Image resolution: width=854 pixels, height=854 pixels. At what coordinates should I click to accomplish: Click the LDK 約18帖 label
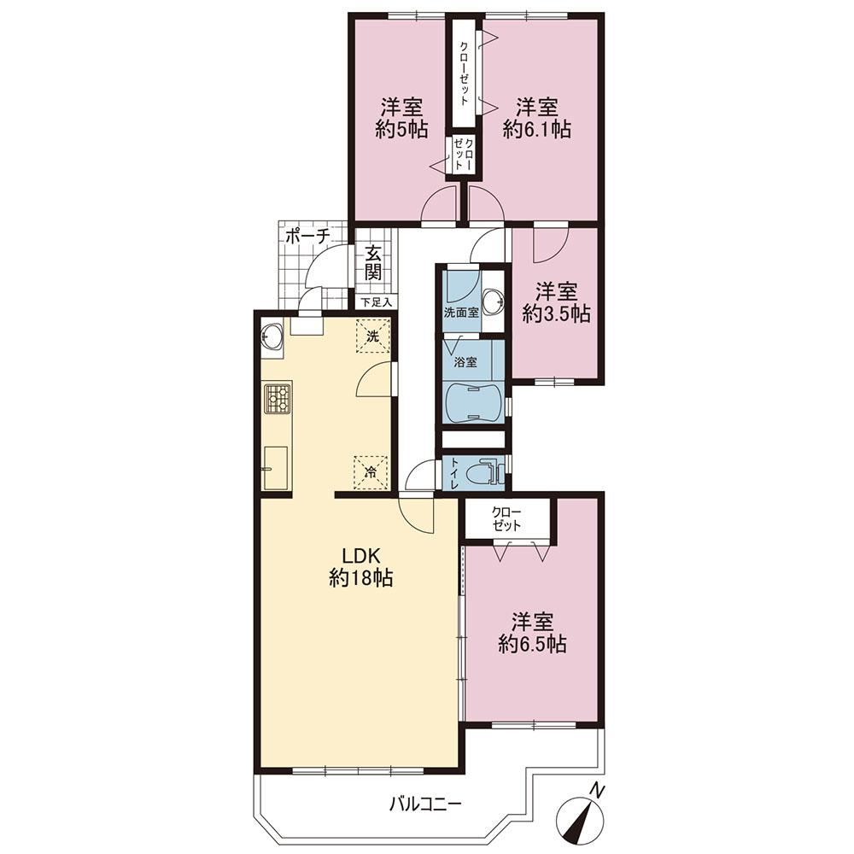(x=360, y=566)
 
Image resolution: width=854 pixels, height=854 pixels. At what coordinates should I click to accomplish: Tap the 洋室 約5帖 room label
(x=402, y=118)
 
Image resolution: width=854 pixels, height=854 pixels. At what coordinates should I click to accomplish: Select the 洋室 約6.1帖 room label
(x=537, y=118)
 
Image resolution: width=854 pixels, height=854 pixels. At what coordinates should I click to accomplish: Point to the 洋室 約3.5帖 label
(x=556, y=302)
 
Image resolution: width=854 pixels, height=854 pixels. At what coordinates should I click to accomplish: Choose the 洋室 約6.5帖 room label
(x=532, y=633)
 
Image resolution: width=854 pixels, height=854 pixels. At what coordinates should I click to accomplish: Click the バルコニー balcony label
(x=425, y=804)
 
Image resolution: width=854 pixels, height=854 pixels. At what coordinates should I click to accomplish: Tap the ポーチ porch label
(x=307, y=237)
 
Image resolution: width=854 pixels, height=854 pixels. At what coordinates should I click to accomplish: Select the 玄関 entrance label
(x=373, y=262)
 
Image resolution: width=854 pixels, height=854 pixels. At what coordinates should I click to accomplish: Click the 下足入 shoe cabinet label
(x=377, y=302)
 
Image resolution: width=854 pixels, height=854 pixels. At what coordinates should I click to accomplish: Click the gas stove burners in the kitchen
(x=278, y=399)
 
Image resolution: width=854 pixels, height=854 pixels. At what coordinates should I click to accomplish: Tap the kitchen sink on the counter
(x=275, y=468)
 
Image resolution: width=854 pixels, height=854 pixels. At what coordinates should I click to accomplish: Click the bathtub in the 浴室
(x=471, y=402)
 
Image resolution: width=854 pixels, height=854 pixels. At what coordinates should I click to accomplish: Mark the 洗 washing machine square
(x=373, y=336)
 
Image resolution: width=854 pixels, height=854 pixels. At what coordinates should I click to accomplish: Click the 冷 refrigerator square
(x=371, y=472)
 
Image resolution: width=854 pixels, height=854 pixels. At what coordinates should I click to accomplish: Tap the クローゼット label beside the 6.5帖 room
(x=506, y=518)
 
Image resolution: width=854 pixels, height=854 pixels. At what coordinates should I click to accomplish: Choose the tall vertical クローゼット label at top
(x=463, y=73)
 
